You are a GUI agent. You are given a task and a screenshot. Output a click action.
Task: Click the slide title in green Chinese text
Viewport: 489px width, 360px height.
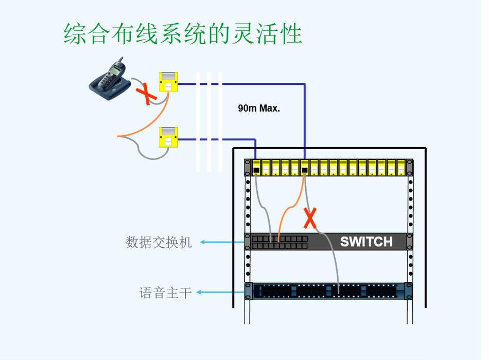tap(183, 33)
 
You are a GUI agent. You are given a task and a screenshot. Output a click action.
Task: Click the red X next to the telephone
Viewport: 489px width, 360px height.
tap(146, 94)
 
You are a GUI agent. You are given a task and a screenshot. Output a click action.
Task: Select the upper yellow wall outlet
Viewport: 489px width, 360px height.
tap(168, 82)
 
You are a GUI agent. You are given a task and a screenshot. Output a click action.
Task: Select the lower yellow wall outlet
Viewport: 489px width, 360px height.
tap(168, 137)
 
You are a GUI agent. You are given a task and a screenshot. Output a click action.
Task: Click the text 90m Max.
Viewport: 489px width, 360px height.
tap(258, 109)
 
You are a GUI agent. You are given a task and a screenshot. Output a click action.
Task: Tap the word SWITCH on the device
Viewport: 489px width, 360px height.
tap(366, 241)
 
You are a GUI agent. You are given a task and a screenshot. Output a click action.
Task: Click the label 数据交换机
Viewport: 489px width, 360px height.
tap(159, 242)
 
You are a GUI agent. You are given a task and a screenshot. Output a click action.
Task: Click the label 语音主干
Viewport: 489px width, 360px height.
tap(166, 293)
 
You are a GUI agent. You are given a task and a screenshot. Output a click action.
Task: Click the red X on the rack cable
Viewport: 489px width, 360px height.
tap(310, 218)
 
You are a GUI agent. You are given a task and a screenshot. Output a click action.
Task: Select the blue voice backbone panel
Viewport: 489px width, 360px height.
tap(328, 291)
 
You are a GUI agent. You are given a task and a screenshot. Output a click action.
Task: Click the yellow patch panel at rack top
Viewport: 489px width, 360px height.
tap(328, 168)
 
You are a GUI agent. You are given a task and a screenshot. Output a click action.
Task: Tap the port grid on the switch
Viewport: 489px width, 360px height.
tap(280, 242)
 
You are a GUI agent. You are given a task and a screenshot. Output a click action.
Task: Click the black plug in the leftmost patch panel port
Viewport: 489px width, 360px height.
tap(256, 170)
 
